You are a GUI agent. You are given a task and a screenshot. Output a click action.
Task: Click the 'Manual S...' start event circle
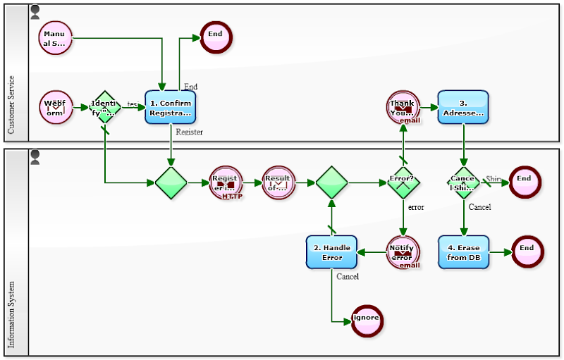(x=56, y=38)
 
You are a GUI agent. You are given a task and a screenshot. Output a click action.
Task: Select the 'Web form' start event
(x=56, y=108)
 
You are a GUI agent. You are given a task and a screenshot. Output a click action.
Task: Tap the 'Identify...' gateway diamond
(x=105, y=108)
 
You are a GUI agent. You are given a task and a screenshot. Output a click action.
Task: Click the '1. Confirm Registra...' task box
(x=170, y=108)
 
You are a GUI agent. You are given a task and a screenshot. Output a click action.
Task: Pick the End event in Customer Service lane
(x=216, y=35)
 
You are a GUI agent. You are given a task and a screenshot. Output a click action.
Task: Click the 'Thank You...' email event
(x=403, y=108)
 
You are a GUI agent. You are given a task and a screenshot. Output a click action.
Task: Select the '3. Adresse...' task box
(x=463, y=108)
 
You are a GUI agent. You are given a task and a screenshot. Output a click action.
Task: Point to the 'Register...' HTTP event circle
(x=226, y=183)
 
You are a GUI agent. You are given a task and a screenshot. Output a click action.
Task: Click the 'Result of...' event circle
(x=278, y=183)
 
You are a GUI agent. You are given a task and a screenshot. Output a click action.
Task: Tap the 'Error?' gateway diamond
(x=403, y=183)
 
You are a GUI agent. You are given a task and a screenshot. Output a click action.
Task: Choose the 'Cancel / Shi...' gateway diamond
(x=463, y=183)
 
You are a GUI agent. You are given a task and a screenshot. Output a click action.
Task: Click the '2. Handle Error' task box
(x=331, y=252)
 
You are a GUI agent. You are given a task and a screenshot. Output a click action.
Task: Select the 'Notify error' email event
(x=403, y=252)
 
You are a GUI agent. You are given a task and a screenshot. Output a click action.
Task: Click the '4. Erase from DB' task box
(x=463, y=252)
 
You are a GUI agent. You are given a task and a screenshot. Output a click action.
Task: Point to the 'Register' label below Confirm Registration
(x=190, y=132)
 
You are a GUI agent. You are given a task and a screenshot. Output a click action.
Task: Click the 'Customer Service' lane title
(x=11, y=105)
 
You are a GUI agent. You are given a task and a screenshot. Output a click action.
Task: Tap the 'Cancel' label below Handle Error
(x=348, y=276)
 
